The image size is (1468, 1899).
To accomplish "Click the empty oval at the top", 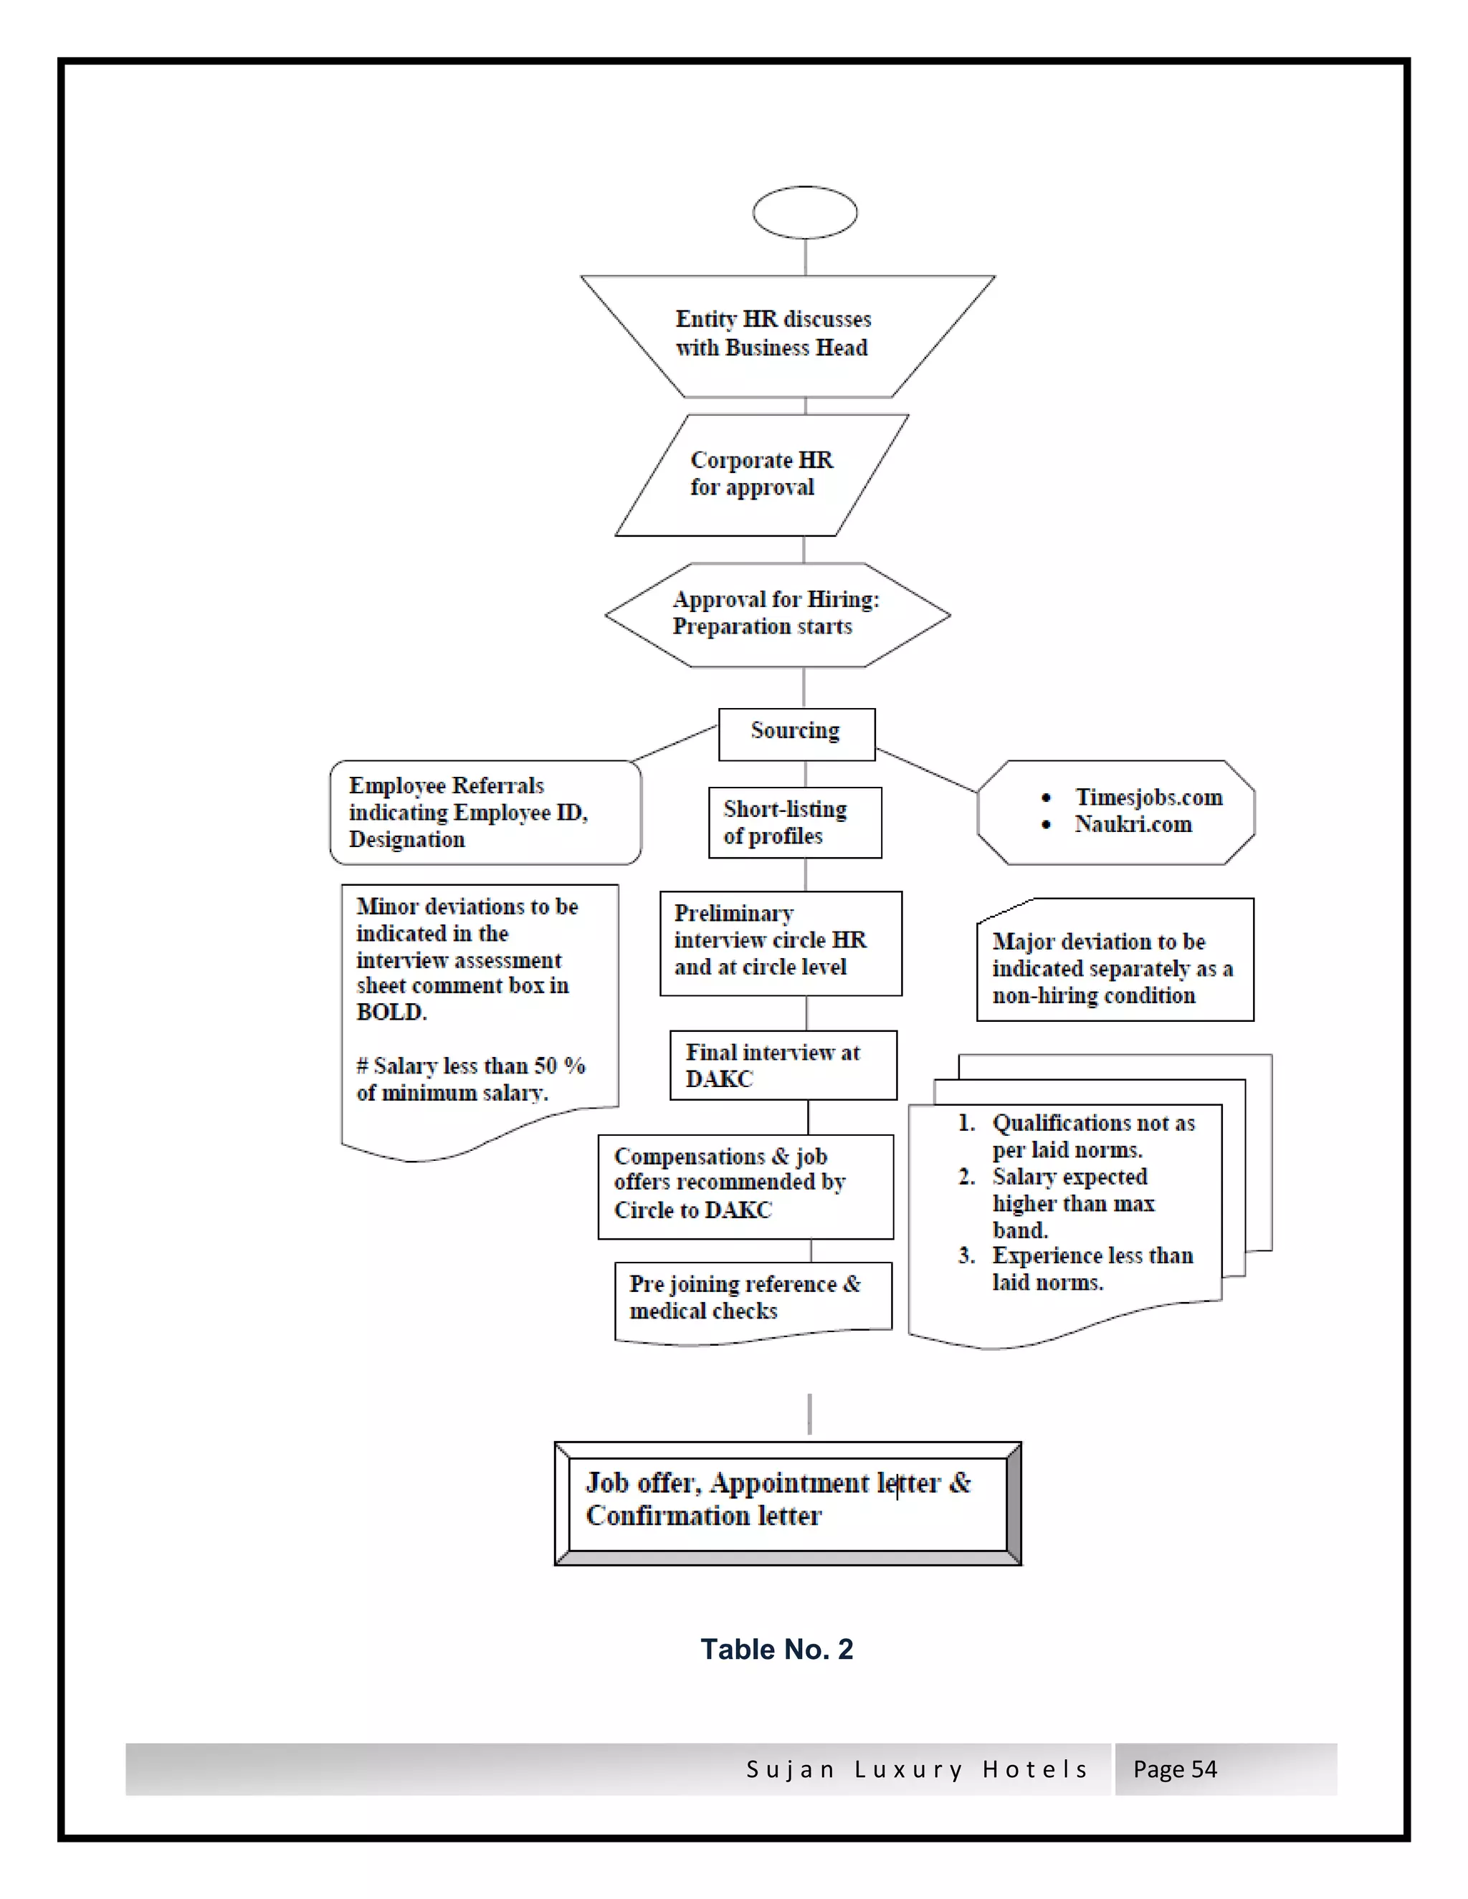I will tap(804, 212).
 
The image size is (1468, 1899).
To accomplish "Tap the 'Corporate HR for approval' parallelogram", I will tap(761, 474).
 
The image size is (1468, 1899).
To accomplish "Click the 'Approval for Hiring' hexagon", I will tap(776, 614).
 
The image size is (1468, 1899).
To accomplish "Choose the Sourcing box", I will tap(796, 732).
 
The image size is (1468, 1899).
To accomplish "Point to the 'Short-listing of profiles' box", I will tap(794, 823).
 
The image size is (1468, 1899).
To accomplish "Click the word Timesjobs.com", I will tap(1148, 798).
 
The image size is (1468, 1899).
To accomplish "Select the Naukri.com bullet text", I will tap(1133, 824).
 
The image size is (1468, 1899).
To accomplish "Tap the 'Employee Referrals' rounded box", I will tap(485, 812).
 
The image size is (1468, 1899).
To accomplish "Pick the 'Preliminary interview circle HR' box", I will tap(780, 942).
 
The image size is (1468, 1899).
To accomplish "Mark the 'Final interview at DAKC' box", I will tap(782, 1065).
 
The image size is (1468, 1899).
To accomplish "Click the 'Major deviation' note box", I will tap(1114, 967).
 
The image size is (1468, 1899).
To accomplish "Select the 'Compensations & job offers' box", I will tap(745, 1185).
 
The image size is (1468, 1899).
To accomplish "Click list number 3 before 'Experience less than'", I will tap(966, 1255).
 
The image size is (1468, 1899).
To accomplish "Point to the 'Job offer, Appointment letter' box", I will tap(787, 1503).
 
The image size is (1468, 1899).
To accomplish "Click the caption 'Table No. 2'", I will tap(776, 1650).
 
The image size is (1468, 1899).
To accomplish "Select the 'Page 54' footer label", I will tap(1174, 1769).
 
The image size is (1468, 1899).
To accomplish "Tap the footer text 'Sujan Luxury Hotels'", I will tap(917, 1769).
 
